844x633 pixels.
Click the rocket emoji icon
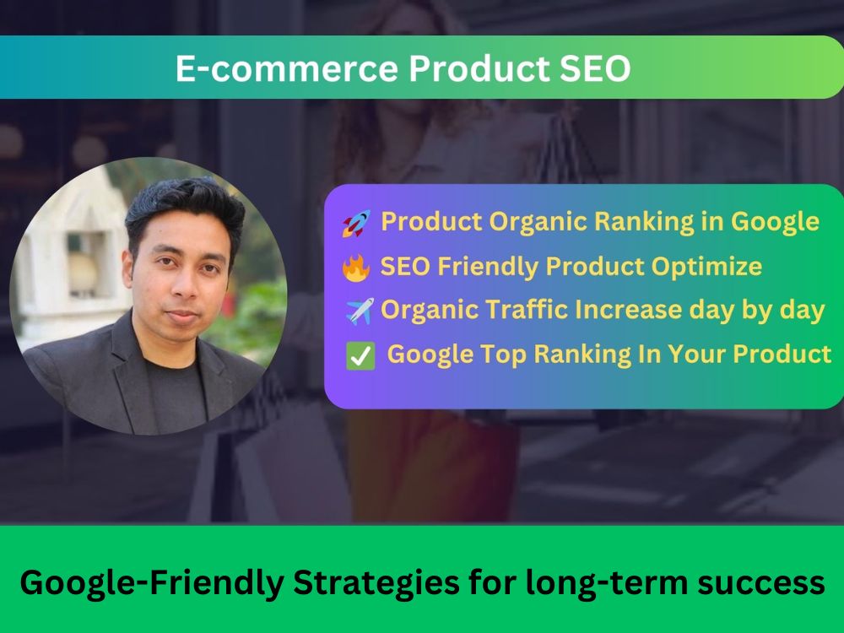pos(356,223)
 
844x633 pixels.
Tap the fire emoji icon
pos(356,267)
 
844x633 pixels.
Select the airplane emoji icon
pos(360,311)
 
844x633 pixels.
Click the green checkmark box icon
pos(360,356)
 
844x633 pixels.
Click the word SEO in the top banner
pos(595,68)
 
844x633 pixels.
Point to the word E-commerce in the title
pos(287,69)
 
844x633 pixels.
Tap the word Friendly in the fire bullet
pos(488,267)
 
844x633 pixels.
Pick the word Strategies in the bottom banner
pos(376,583)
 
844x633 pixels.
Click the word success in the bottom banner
pos(761,583)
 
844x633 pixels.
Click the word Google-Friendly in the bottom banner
pos(152,583)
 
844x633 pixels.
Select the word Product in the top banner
pos(479,68)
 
